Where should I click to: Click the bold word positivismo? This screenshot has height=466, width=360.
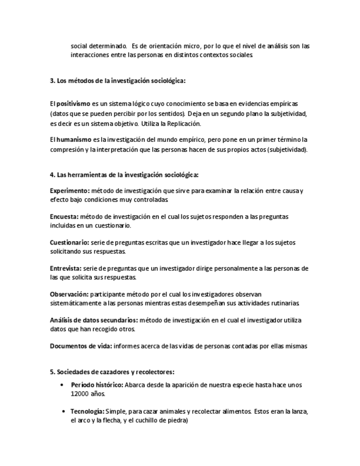[73, 103]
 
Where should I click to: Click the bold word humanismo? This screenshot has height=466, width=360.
[72, 140]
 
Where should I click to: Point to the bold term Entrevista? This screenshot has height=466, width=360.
[67, 268]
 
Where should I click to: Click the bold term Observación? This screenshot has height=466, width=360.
[69, 294]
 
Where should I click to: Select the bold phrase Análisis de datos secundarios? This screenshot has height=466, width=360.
[93, 320]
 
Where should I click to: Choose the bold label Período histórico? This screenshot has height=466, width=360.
[97, 385]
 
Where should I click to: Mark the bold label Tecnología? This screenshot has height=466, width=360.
[88, 411]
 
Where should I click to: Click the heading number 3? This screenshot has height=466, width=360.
[52, 80]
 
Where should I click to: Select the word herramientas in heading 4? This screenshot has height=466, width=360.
[86, 175]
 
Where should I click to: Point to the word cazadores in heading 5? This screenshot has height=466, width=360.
[107, 371]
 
